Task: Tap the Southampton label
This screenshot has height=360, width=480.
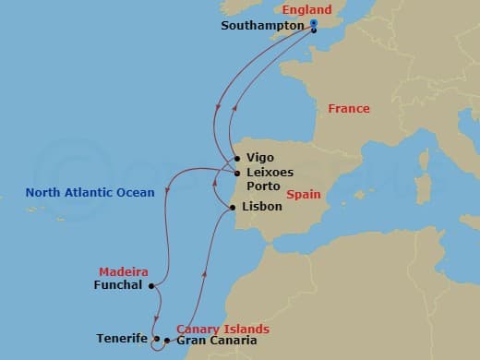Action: point(262,26)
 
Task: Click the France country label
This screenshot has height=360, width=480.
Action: point(348,109)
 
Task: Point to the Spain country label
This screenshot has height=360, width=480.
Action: point(303,195)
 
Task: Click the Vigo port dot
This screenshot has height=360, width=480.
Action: point(237,158)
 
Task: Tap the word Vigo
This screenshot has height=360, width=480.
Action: point(260,158)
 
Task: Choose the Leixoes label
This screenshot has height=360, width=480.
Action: point(268,173)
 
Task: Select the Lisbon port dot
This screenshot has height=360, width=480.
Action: point(232,207)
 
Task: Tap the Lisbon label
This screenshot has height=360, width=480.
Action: point(261,207)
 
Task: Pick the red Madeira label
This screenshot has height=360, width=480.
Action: point(123,272)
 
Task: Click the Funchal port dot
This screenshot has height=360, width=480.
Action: point(150,285)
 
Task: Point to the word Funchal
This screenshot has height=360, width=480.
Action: point(117,285)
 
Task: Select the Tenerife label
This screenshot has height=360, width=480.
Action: point(121,339)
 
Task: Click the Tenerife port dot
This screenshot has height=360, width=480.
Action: point(156,339)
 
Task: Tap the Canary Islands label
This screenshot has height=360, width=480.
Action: point(222,329)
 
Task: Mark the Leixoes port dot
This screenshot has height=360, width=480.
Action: point(237,173)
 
